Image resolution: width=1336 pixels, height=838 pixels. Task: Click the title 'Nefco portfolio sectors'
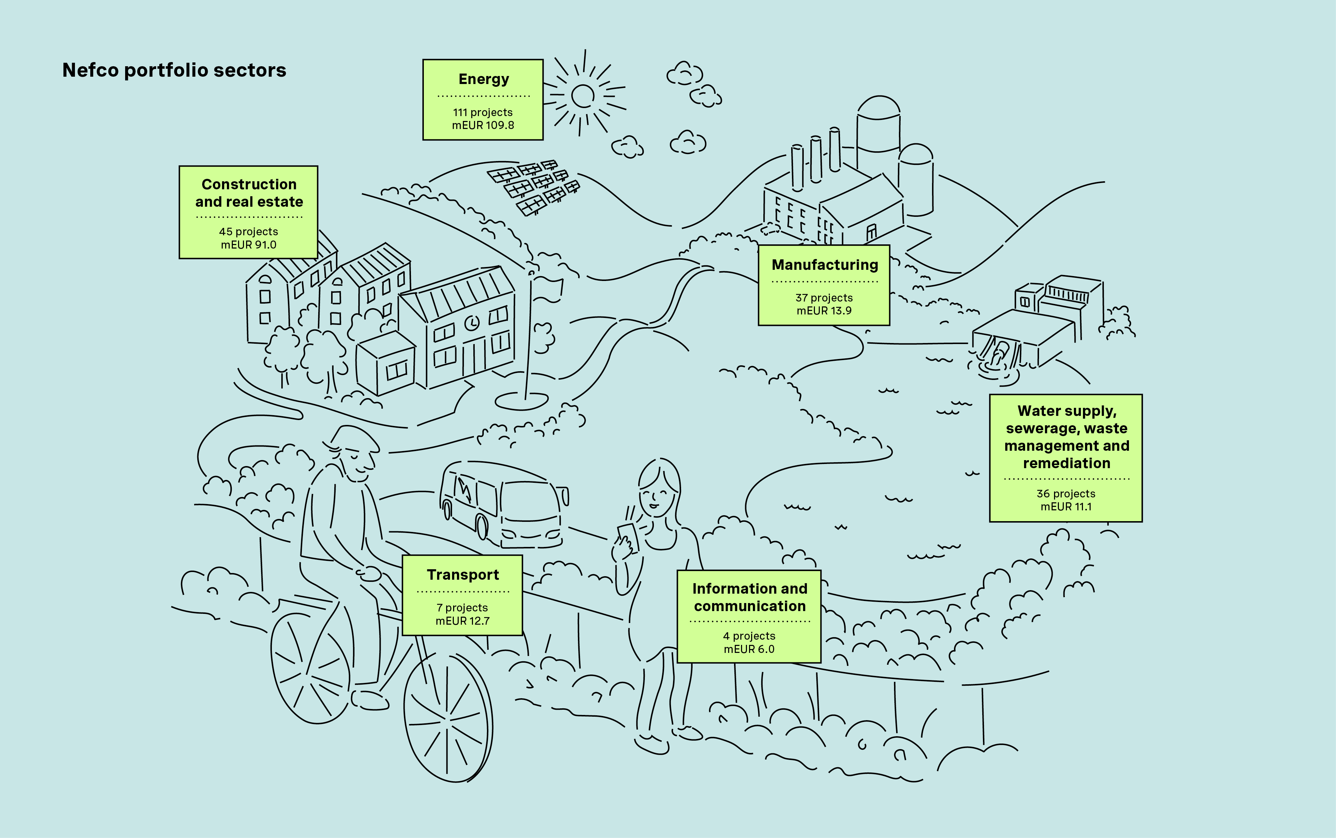click(x=174, y=70)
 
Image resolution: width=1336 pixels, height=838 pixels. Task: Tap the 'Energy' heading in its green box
click(x=483, y=79)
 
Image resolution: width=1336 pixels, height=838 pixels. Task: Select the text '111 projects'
click(x=483, y=113)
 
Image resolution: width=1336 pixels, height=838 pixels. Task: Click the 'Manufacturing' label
click(x=825, y=265)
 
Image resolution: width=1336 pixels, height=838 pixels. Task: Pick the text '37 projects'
click(x=824, y=298)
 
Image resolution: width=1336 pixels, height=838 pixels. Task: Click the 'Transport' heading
click(x=463, y=575)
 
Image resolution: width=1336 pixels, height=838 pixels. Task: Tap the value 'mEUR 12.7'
click(x=462, y=621)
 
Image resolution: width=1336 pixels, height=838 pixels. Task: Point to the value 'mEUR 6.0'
click(x=749, y=649)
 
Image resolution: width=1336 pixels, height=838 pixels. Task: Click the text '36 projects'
click(x=1066, y=494)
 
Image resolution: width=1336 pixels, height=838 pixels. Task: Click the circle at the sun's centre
click(x=582, y=96)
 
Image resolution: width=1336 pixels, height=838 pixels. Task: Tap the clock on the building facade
click(x=472, y=322)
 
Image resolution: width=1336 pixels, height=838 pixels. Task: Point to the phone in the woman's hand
click(x=629, y=536)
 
